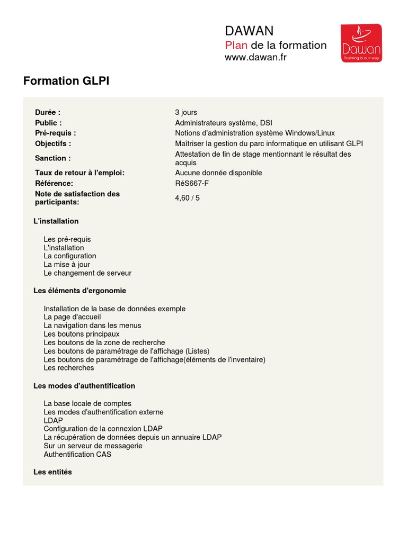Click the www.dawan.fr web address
coord(255,57)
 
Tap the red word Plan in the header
coord(236,45)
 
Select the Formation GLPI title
coord(66,81)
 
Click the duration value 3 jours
coord(186,112)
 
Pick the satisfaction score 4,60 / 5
coord(188,198)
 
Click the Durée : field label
coord(48,112)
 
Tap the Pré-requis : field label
coord(56,133)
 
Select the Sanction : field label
coord(53,158)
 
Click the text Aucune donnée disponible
coord(218,173)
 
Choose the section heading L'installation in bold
coord(56,221)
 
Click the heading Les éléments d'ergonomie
coord(79,291)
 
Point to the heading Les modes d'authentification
coord(84,386)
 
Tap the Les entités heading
coord(52,472)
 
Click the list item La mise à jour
coord(67,265)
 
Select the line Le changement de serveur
coord(87,273)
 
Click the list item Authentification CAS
coord(77,454)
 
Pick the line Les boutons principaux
coord(82,334)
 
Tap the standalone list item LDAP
coord(54,420)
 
